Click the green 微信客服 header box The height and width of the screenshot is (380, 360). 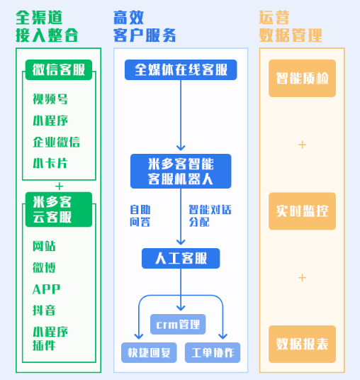(x=59, y=69)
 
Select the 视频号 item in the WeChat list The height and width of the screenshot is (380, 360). (x=50, y=99)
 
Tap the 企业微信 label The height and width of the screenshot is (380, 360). (x=56, y=142)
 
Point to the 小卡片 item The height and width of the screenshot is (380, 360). (x=50, y=163)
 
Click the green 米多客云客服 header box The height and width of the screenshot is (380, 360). (x=59, y=210)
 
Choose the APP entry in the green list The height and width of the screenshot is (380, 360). (x=46, y=289)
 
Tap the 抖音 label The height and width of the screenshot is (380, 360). (x=44, y=311)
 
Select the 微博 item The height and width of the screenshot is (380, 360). (x=44, y=267)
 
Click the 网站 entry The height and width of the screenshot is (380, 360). (x=44, y=246)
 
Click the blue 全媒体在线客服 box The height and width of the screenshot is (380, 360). (x=181, y=69)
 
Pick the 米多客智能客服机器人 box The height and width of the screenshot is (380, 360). (x=181, y=171)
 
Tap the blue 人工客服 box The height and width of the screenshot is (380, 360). (x=181, y=258)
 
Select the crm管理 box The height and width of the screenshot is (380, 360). (x=178, y=324)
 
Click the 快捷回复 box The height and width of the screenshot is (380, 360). (x=149, y=352)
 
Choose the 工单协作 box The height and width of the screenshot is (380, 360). (x=213, y=352)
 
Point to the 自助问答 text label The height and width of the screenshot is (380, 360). (x=140, y=216)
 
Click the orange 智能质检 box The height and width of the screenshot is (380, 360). (x=302, y=78)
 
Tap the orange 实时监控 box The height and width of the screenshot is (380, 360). (x=302, y=211)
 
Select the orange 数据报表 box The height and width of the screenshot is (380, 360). (x=302, y=344)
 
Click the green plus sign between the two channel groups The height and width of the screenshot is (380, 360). (x=59, y=186)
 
